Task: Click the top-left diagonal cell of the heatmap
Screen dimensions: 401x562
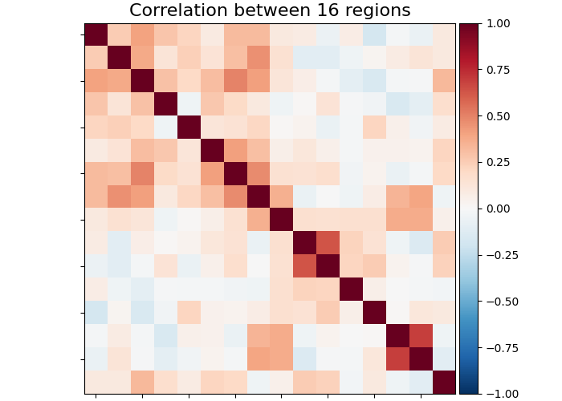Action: pyautogui.click(x=96, y=34)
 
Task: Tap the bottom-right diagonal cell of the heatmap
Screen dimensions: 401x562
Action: pyautogui.click(x=444, y=383)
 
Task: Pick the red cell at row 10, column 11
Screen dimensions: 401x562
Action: pyautogui.click(x=328, y=243)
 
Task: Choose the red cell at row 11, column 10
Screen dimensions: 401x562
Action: pyautogui.click(x=304, y=266)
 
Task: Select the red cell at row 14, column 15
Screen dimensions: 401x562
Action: pyautogui.click(x=421, y=336)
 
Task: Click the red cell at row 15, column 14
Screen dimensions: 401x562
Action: pyautogui.click(x=397, y=359)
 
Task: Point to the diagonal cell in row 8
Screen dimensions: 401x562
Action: pyautogui.click(x=259, y=196)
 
